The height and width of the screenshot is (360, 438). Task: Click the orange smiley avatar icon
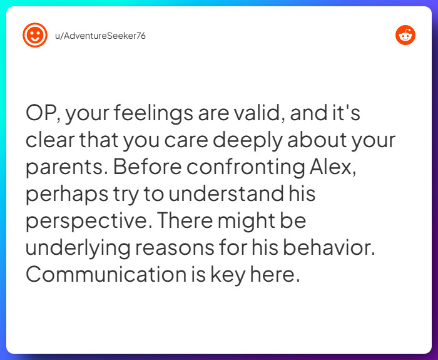(x=35, y=35)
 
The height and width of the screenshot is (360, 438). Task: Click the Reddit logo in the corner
(x=405, y=35)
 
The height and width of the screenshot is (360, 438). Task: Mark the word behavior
(x=336, y=248)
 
